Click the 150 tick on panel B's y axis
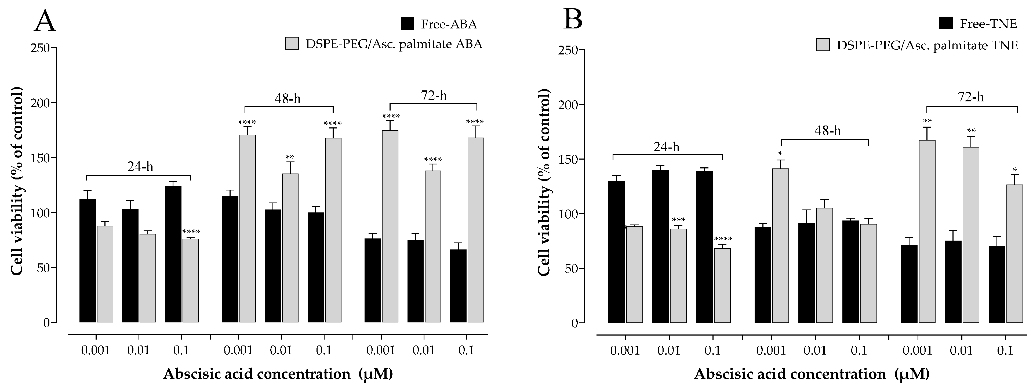[568, 160]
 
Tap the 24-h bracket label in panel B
[667, 147]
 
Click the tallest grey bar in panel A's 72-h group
[390, 226]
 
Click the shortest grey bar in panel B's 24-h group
[722, 285]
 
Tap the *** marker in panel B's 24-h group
[678, 220]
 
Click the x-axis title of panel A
[278, 374]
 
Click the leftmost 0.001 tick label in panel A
[96, 350]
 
